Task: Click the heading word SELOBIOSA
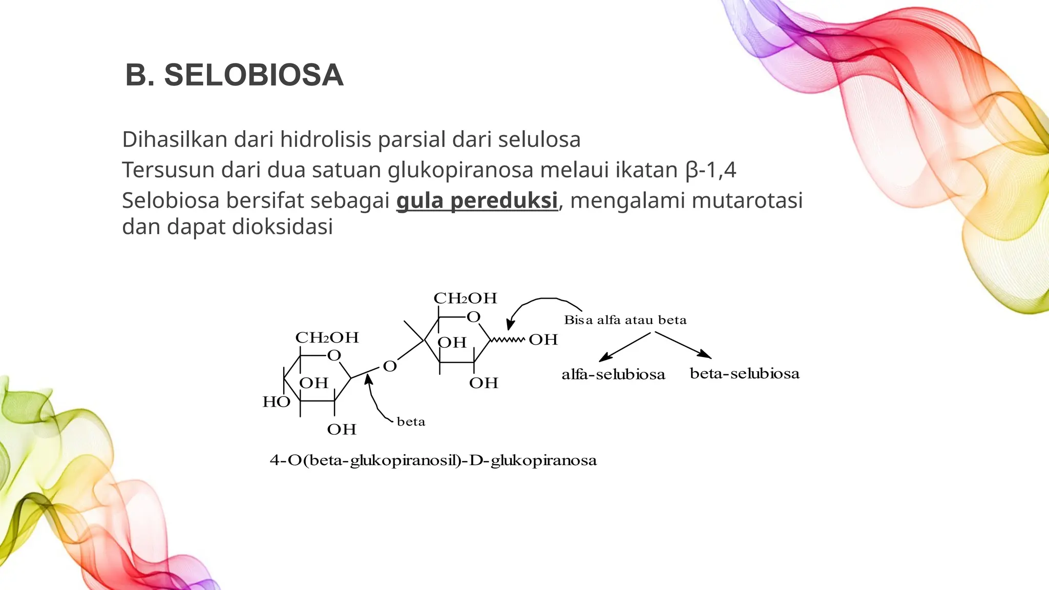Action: [x=254, y=75]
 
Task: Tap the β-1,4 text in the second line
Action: [x=710, y=170]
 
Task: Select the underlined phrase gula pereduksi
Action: [x=477, y=200]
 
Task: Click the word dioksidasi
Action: [x=282, y=226]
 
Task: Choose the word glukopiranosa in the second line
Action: [x=460, y=170]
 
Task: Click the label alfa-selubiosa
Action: [x=613, y=374]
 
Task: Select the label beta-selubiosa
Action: [x=744, y=373]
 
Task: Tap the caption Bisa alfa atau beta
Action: [x=625, y=320]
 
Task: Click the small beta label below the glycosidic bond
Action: [x=411, y=422]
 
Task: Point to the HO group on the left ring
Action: [x=276, y=402]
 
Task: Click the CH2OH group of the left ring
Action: [x=327, y=338]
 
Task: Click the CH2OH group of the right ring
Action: [x=465, y=298]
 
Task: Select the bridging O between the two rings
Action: [x=390, y=366]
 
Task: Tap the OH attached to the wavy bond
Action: [x=543, y=340]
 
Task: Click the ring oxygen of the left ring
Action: [x=334, y=355]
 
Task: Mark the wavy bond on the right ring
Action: [x=508, y=340]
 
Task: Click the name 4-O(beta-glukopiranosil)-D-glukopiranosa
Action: [x=433, y=460]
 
